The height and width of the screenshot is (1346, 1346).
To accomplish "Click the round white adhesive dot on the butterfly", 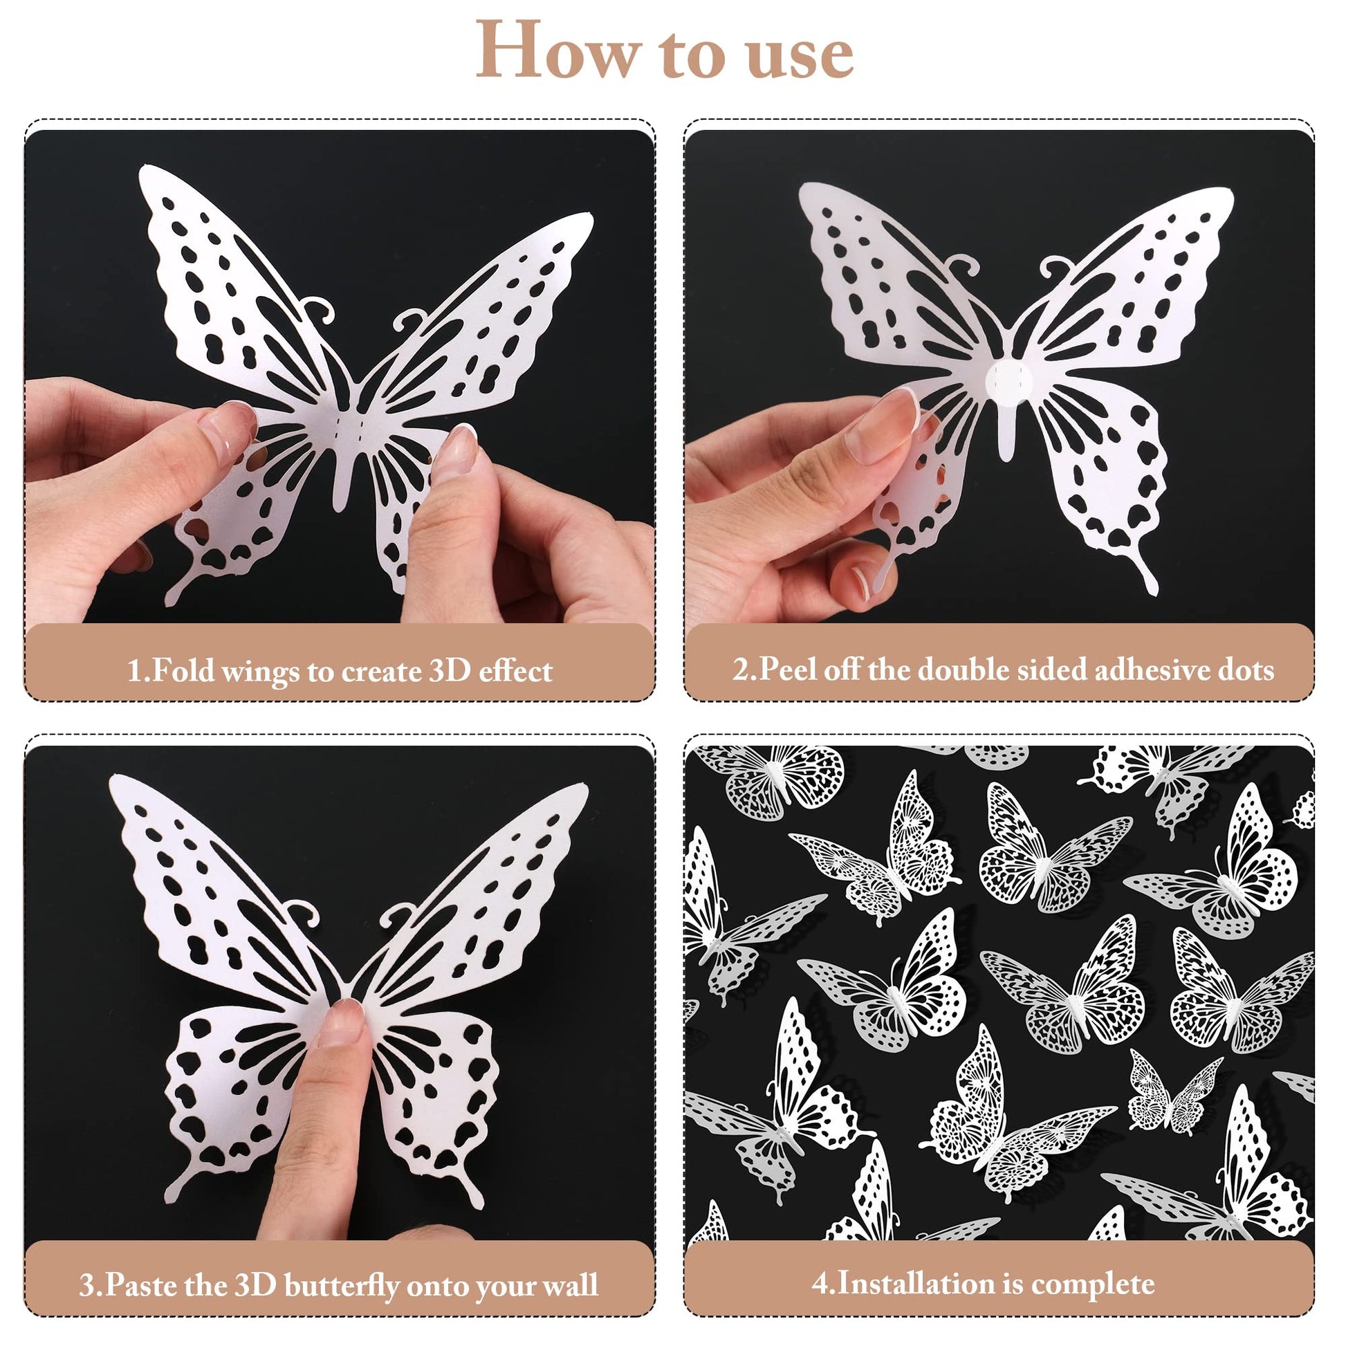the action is pos(1007,381).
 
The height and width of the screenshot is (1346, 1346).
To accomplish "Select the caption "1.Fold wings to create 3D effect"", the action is pos(340,671).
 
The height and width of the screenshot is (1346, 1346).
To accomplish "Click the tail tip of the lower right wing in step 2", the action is pos(1153,591).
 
